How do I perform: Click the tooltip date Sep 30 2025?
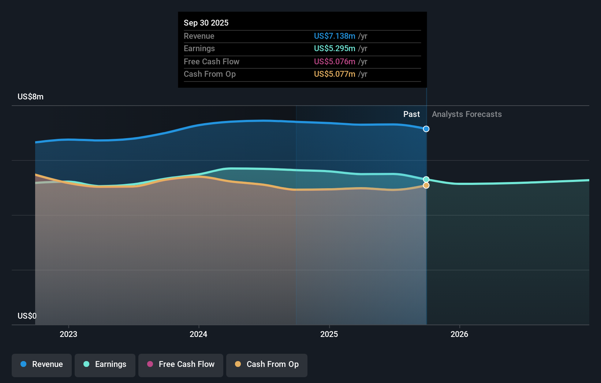pos(206,23)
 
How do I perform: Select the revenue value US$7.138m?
pos(334,36)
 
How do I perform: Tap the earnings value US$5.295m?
pos(334,48)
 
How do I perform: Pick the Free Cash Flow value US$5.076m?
pos(334,61)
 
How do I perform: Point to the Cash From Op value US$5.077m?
pos(334,74)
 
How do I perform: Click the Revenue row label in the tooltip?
pos(199,36)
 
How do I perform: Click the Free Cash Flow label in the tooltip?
pos(211,61)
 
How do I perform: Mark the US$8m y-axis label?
pos(30,96)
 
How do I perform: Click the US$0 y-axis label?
pos(27,316)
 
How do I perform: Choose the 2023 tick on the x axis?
pos(68,334)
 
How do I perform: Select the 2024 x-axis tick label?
pos(198,334)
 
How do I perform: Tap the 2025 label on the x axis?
pos(329,334)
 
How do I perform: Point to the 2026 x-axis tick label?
pos(459,334)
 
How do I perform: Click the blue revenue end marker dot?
pos(426,129)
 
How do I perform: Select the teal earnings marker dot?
pos(426,179)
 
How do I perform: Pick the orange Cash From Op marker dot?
pos(426,186)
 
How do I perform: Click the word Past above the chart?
pos(411,114)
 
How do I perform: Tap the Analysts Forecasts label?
pos(467,114)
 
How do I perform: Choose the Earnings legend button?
pos(105,364)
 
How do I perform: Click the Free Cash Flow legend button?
pos(181,364)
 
